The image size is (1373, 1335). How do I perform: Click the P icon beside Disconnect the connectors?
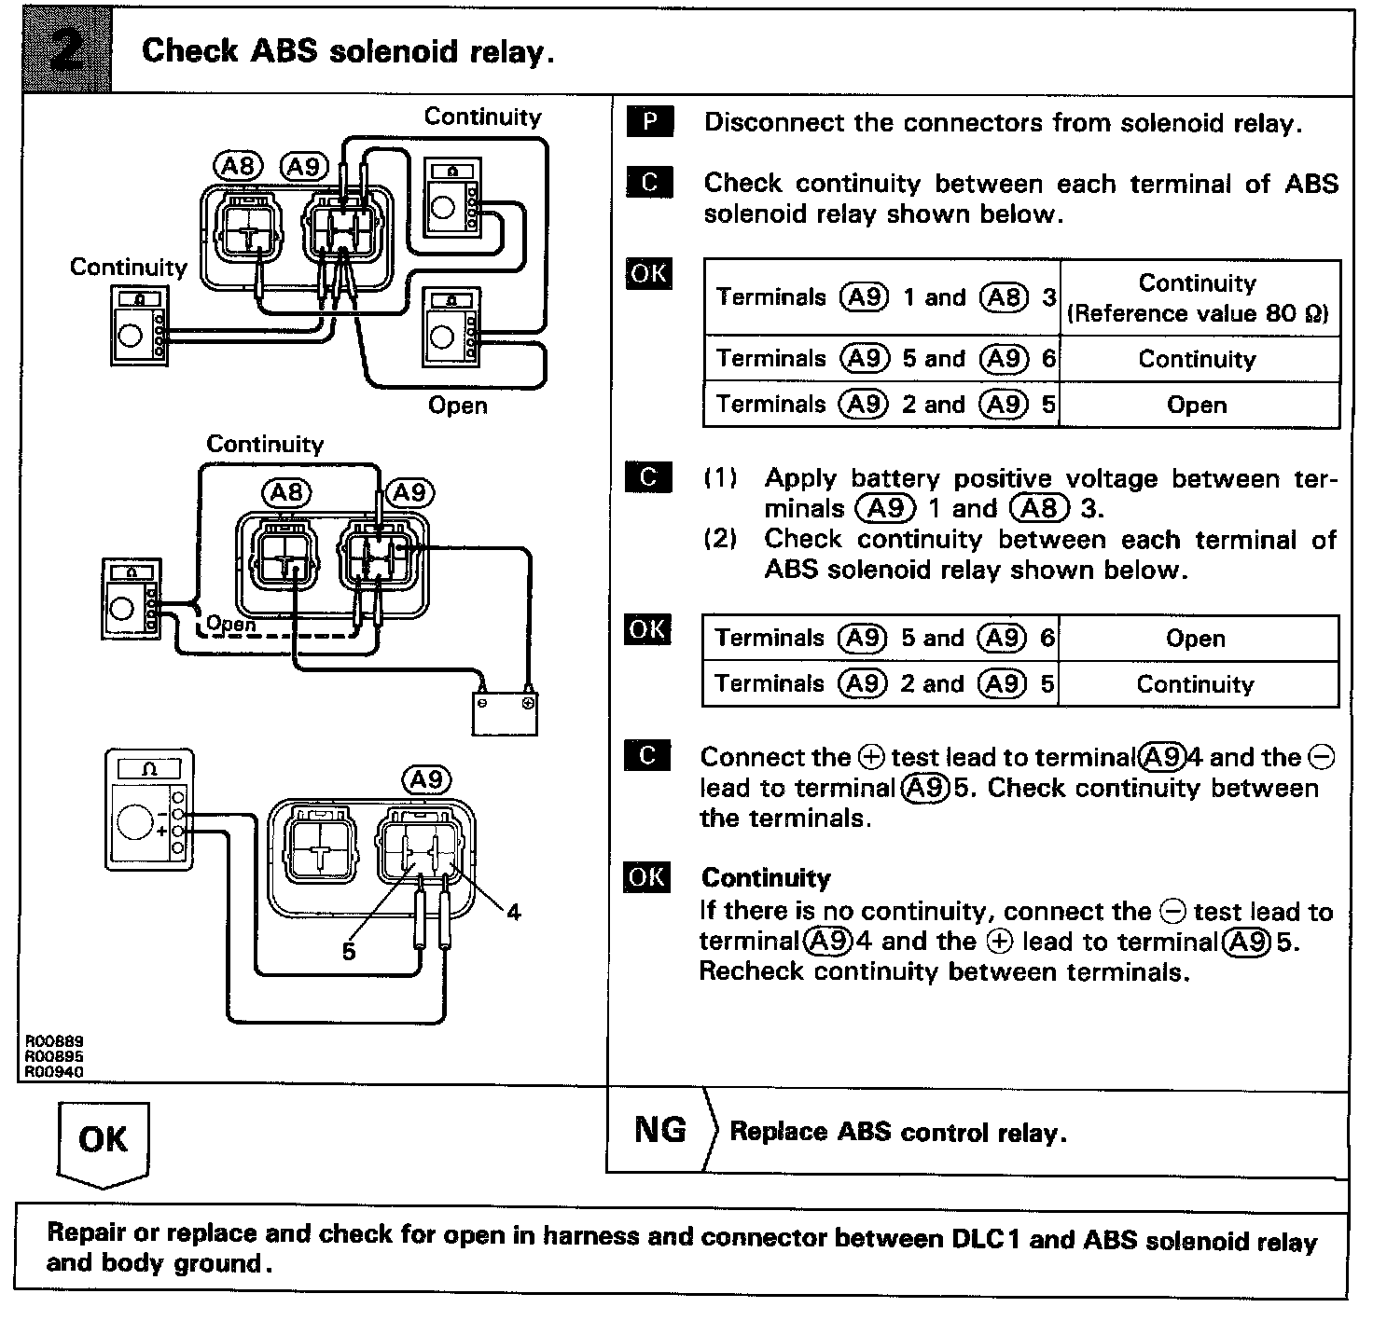(x=649, y=122)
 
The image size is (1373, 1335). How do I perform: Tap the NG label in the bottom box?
(x=659, y=1130)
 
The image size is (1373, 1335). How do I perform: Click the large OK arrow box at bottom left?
(x=103, y=1141)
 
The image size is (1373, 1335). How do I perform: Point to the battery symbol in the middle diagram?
(x=505, y=712)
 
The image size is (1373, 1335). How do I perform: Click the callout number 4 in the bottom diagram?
(x=513, y=912)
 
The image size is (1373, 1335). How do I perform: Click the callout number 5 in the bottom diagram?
(x=349, y=951)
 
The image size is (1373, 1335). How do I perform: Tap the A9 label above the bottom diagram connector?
(x=425, y=779)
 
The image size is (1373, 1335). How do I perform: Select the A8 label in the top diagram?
(x=239, y=166)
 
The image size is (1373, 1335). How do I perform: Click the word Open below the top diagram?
(x=457, y=406)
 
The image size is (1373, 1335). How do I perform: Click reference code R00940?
(x=53, y=1072)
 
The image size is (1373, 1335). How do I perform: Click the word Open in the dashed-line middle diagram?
(x=230, y=623)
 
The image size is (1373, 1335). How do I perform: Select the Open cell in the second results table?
(x=1195, y=639)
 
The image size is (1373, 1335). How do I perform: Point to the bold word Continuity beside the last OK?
(x=766, y=877)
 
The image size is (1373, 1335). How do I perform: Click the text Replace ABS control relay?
(x=897, y=1132)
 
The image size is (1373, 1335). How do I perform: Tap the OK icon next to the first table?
(x=649, y=273)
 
